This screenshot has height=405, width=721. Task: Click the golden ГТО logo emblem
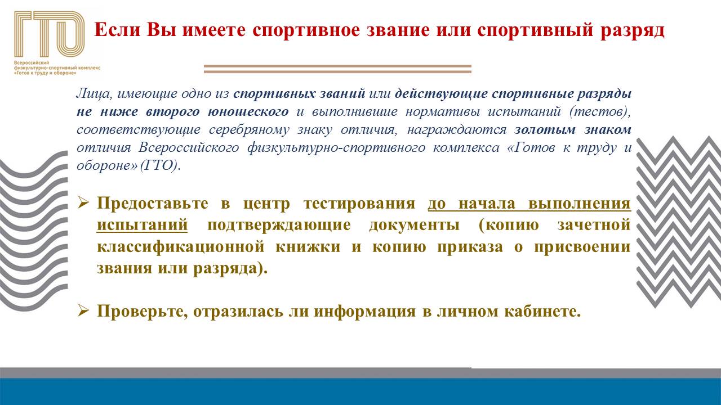(50, 34)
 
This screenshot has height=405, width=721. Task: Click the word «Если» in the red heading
(118, 30)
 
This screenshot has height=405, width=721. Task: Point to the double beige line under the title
(337, 69)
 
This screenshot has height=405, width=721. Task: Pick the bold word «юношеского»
(248, 111)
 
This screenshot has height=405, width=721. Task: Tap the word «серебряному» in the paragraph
(249, 130)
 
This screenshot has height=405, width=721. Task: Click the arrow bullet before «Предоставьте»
(83, 203)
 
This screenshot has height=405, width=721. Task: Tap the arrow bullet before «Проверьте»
(83, 311)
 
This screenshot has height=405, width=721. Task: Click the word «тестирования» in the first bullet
(359, 204)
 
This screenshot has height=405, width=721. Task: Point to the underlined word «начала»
(487, 204)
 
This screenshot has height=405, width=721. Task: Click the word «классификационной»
(181, 247)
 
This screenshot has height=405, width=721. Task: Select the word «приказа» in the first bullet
(470, 247)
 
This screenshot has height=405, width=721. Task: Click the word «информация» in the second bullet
(364, 312)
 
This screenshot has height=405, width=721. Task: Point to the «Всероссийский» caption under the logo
(31, 62)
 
